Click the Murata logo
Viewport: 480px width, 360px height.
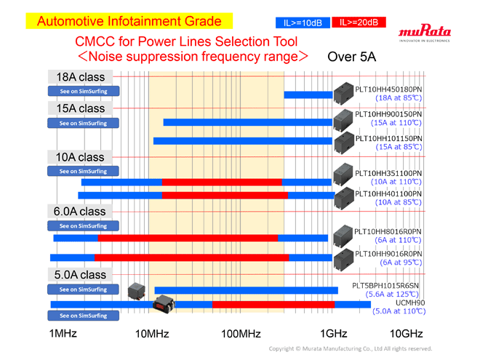point(425,33)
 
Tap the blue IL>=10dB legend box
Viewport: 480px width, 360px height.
point(302,23)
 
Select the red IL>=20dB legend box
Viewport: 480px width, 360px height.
point(359,23)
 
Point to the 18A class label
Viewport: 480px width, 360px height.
point(81,76)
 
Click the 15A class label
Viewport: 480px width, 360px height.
point(81,108)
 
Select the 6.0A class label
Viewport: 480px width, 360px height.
point(80,211)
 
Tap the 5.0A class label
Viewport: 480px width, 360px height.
point(80,275)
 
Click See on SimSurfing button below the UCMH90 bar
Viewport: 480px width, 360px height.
point(83,316)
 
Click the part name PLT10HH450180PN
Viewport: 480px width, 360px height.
point(388,89)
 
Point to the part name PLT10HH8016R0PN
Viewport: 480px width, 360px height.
point(388,231)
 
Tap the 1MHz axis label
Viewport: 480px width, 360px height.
point(63,334)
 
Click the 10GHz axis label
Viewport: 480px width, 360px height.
point(406,334)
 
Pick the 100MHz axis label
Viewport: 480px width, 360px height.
point(241,334)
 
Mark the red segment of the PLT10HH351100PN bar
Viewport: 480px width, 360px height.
point(222,182)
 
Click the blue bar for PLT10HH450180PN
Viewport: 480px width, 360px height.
point(308,95)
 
